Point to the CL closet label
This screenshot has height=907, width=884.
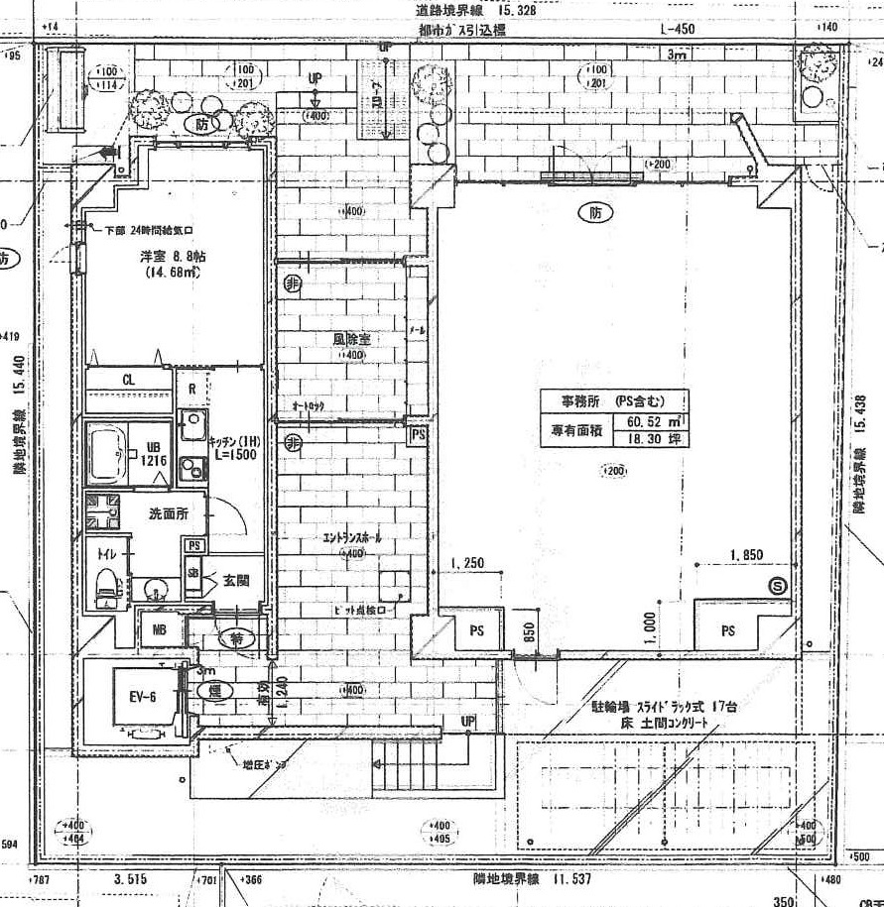129,379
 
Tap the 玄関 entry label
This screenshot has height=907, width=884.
236,579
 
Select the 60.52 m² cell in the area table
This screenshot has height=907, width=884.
652,421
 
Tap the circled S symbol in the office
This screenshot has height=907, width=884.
778,587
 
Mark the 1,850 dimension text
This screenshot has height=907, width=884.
745,555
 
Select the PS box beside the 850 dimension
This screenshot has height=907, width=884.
477,630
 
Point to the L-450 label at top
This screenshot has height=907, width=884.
677,29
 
